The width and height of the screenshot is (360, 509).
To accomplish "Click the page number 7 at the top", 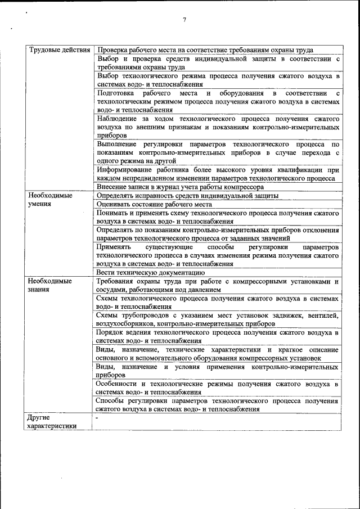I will pos(184,21).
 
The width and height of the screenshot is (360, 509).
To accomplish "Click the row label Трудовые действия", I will pos(59,50).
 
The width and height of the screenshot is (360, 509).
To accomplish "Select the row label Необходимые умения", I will pos(50,200).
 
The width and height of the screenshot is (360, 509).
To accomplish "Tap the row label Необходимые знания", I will pos(50,285).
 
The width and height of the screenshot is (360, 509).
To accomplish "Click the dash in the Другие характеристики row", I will pos(97,418).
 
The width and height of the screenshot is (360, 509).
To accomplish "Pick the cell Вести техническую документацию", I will pos(154,272).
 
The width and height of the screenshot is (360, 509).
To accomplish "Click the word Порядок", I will pos(112,332).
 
